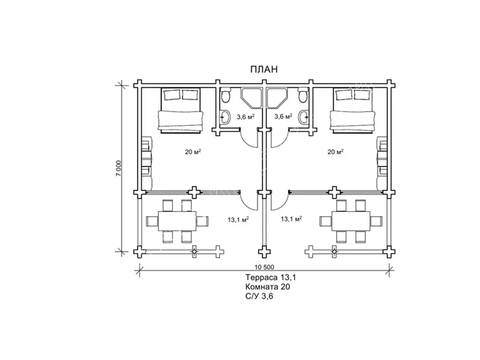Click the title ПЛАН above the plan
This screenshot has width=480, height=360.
[264, 70]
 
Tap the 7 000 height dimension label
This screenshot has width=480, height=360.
[119, 168]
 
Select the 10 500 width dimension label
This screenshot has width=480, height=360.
[264, 267]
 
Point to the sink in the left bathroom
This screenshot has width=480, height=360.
[226, 116]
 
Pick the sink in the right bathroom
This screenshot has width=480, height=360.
[304, 116]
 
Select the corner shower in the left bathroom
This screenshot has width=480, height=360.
[251, 98]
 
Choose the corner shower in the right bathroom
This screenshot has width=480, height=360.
[277, 98]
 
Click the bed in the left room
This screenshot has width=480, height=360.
[181, 110]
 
